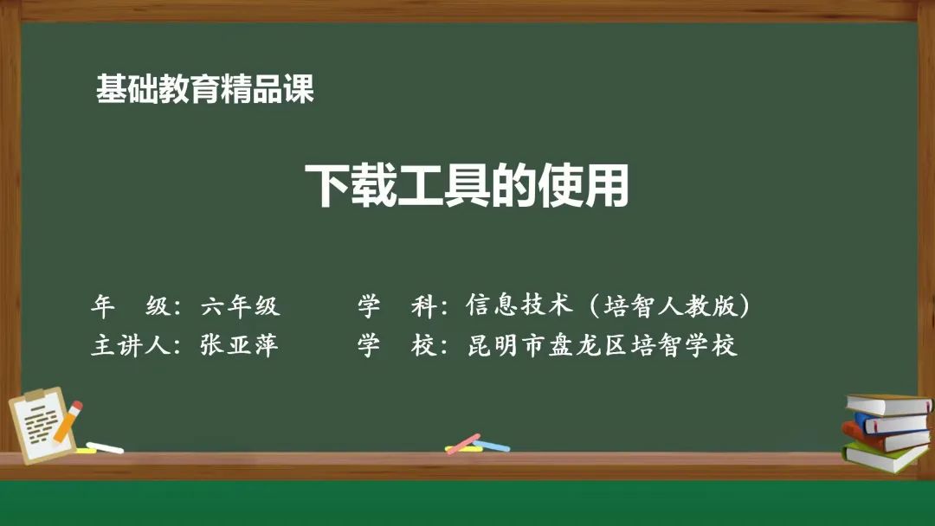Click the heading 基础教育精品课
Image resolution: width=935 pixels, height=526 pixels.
coord(205,89)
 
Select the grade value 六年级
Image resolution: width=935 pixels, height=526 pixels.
coord(240,305)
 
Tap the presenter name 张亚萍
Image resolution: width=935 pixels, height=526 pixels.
coord(240,345)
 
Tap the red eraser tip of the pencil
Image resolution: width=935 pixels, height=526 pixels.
coord(77,405)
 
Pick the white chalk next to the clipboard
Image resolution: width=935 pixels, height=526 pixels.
coord(106,447)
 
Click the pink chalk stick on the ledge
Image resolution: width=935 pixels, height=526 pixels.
coord(465,442)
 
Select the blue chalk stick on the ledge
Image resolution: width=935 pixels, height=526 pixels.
coord(492,446)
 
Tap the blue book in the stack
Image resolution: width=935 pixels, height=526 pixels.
coord(892,423)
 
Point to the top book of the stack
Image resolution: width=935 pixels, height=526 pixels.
coord(887,404)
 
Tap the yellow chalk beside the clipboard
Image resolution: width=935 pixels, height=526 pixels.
coord(85,451)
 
